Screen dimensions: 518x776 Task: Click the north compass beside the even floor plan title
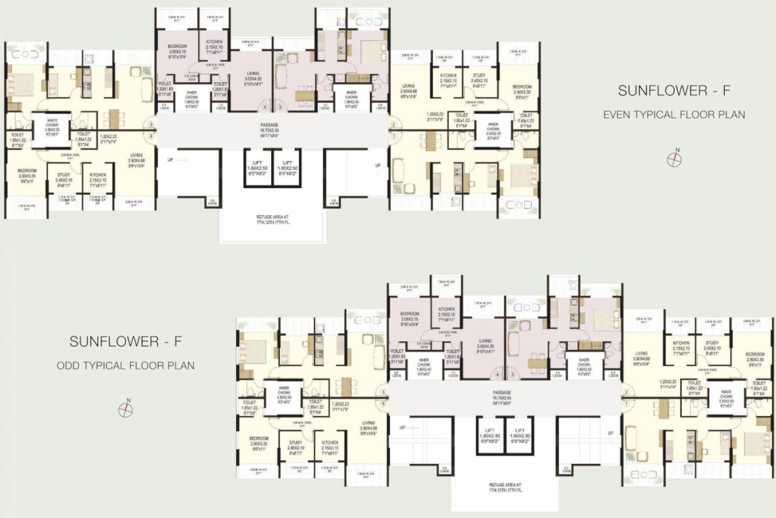click(x=673, y=159)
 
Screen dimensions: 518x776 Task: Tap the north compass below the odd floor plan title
click(x=126, y=409)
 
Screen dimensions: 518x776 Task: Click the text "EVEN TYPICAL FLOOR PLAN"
click(x=673, y=115)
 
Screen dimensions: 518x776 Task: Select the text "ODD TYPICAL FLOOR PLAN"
click(x=126, y=366)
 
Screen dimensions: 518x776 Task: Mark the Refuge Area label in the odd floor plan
click(x=505, y=488)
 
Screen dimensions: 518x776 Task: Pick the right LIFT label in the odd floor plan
click(x=519, y=433)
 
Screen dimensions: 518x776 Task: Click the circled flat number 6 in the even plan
click(x=152, y=136)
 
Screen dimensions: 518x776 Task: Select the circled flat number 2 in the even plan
click(x=392, y=124)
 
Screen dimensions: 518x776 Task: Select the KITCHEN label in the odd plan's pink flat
click(x=447, y=314)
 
